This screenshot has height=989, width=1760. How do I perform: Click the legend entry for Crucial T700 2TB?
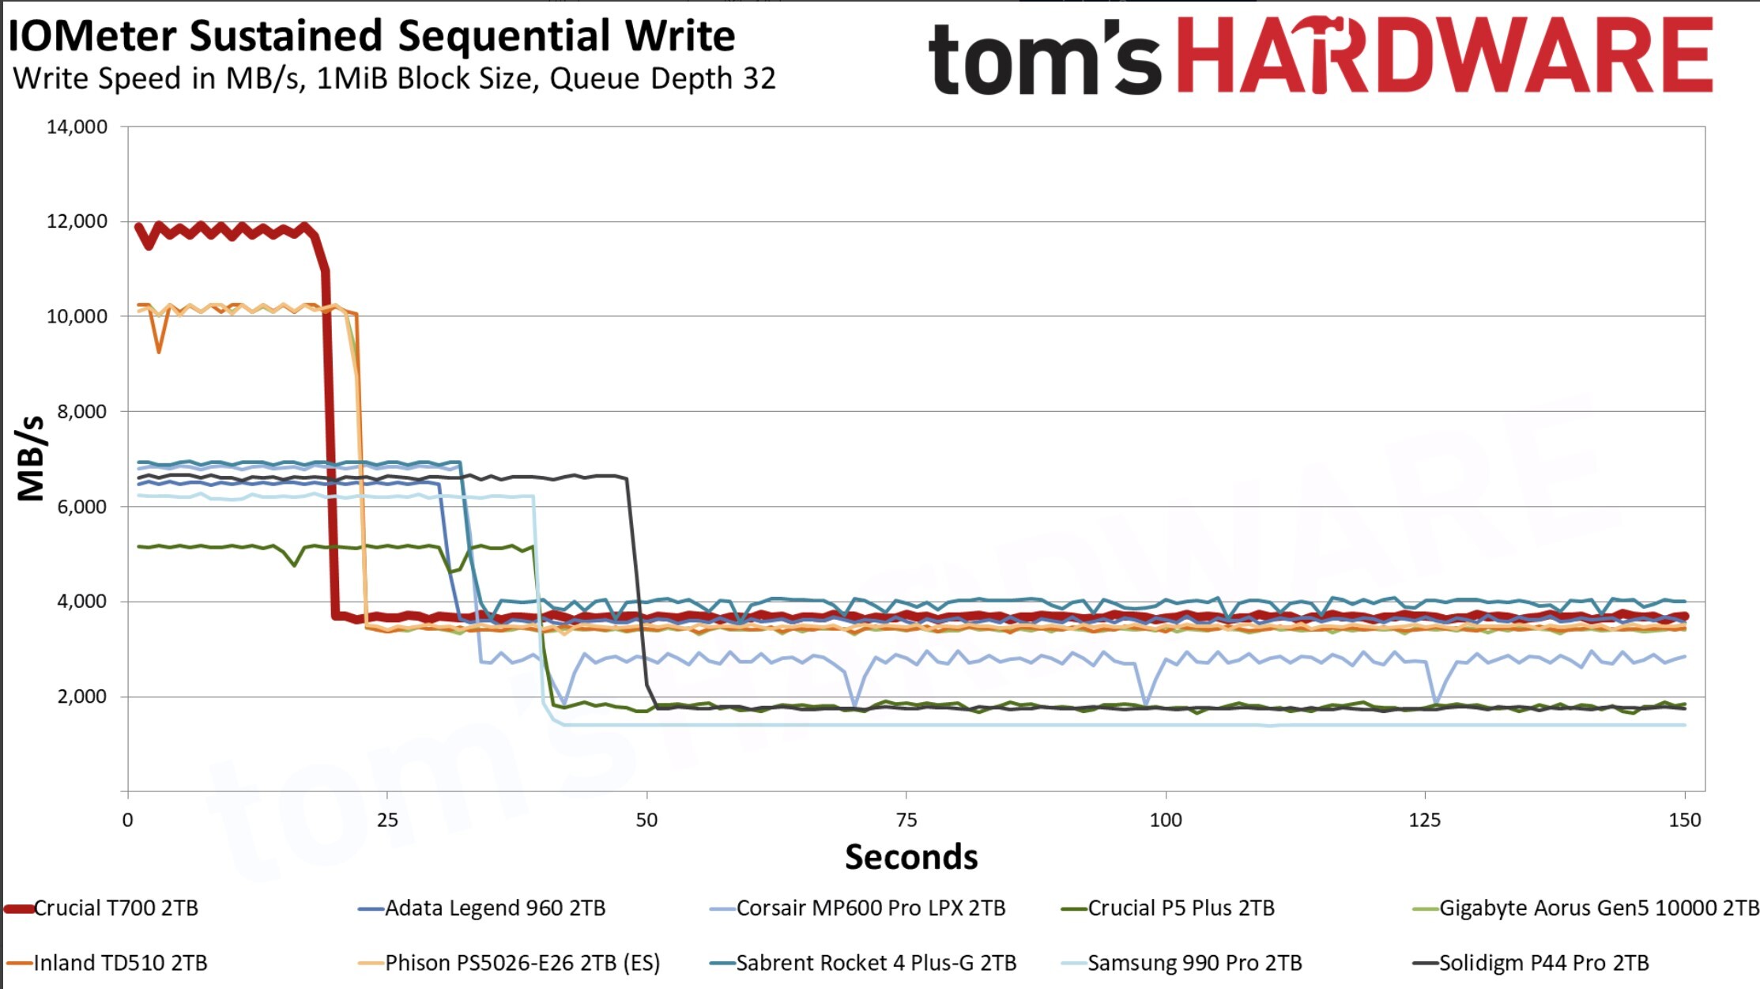tap(101, 908)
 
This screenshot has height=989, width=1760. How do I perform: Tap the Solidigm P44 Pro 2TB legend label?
tap(1531, 963)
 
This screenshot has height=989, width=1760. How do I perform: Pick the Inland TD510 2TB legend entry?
tap(107, 963)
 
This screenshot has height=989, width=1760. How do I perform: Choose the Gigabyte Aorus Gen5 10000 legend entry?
tap(1585, 908)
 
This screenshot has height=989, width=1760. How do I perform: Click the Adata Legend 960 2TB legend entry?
tap(481, 908)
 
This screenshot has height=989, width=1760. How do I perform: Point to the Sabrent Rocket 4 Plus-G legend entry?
tap(863, 963)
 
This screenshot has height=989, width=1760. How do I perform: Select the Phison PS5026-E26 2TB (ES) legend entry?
tap(509, 963)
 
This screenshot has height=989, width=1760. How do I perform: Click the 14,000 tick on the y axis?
tap(77, 127)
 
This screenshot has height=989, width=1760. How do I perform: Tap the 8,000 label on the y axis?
tap(81, 412)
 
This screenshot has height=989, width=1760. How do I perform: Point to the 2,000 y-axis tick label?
tap(81, 697)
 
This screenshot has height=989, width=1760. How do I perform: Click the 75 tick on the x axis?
tap(906, 820)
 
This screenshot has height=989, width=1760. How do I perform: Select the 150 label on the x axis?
tap(1684, 820)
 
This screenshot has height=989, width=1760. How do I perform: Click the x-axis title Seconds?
tap(911, 857)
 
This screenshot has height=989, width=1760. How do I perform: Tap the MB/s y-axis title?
tap(31, 459)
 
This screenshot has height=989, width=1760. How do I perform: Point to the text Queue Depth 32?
tap(662, 78)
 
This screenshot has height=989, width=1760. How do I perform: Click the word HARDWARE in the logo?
tap(1445, 55)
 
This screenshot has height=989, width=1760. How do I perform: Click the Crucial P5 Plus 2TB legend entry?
tap(1167, 908)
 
